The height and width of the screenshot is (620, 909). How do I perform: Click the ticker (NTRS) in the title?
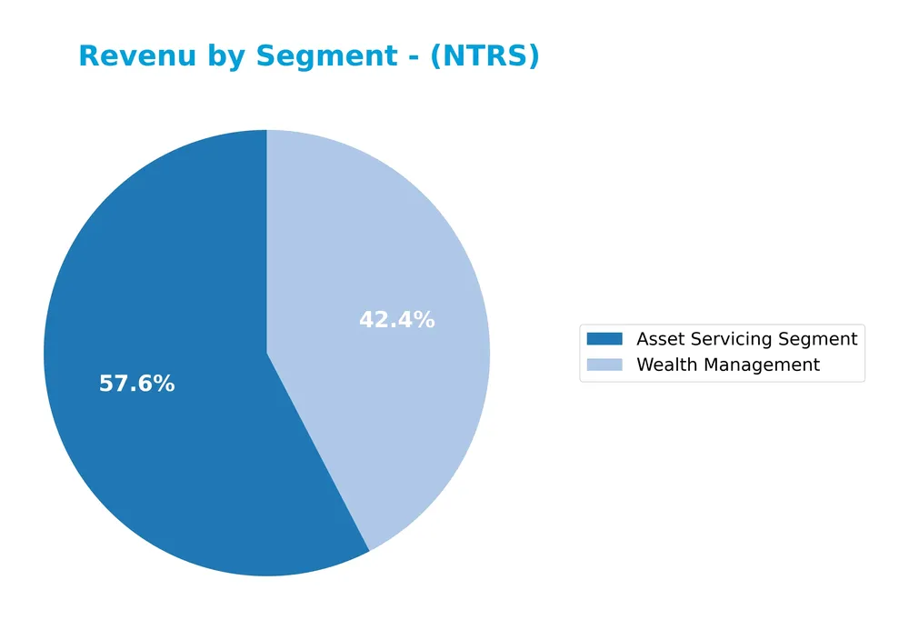484,56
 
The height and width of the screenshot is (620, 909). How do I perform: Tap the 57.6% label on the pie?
136,385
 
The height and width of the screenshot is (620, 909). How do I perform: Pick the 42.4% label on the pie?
396,321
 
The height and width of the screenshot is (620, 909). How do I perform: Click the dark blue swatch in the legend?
604,339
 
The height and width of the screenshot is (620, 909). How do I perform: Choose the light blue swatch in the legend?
604,365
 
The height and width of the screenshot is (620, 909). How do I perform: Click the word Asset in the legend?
657,339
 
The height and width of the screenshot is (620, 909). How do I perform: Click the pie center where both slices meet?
266,353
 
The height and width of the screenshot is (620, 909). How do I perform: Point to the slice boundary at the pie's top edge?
266,131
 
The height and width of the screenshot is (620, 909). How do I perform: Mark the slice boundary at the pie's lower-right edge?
369,550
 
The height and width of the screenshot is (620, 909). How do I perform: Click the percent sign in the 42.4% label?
425,321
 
